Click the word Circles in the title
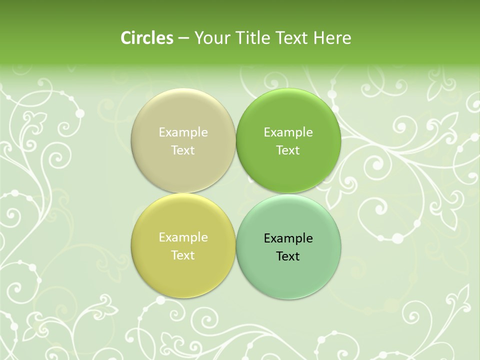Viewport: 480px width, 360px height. pyautogui.click(x=147, y=38)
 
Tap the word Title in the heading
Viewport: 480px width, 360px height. pyautogui.click(x=251, y=38)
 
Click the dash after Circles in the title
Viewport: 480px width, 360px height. pyautogui.click(x=183, y=38)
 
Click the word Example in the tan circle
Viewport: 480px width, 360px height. pyautogui.click(x=183, y=132)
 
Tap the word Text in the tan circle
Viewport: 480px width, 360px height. pyautogui.click(x=183, y=150)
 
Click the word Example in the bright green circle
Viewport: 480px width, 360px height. pyautogui.click(x=288, y=132)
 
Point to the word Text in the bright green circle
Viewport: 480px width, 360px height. pyautogui.click(x=288, y=150)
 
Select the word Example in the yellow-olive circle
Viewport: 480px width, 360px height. pyautogui.click(x=183, y=237)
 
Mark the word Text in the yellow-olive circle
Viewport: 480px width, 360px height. pyautogui.click(x=183, y=255)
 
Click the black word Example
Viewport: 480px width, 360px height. pyautogui.click(x=288, y=238)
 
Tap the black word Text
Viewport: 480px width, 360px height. pyautogui.click(x=288, y=256)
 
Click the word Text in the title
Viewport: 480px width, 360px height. pyautogui.click(x=292, y=38)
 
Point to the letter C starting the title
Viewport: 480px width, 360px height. pyautogui.click(x=126, y=38)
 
